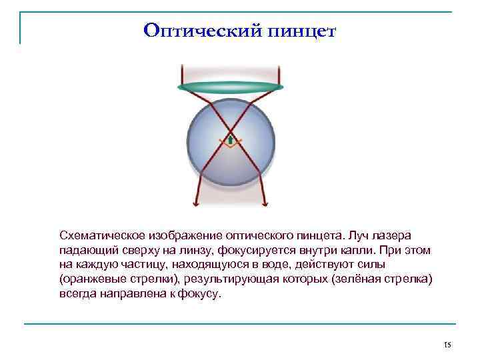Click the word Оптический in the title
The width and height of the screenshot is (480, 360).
[x=196, y=31]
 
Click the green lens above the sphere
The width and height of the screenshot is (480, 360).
[x=231, y=87]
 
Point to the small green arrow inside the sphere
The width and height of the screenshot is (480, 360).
[x=230, y=140]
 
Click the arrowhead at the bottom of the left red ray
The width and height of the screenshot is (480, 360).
[x=195, y=203]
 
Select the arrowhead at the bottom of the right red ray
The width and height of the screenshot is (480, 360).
[x=265, y=203]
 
